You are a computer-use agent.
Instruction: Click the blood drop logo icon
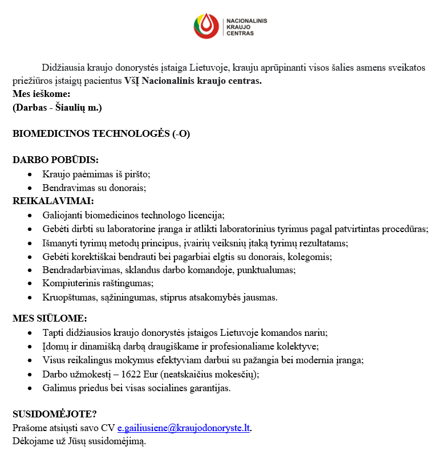point(206,26)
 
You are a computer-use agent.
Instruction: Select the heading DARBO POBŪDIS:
point(55,160)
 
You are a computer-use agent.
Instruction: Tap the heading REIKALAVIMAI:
point(53,201)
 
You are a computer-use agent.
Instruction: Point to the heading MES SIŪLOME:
point(50,318)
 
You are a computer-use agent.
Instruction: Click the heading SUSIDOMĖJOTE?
point(55,415)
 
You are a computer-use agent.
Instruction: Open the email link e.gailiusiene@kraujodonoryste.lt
point(184,428)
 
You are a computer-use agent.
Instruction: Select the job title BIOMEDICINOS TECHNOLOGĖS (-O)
point(101,134)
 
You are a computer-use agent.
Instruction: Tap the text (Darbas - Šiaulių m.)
point(57,107)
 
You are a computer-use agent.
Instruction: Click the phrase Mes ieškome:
point(41,94)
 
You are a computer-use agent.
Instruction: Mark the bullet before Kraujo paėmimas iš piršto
point(30,174)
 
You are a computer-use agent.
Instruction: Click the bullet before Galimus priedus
point(30,388)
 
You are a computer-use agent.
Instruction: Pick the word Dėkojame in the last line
point(32,441)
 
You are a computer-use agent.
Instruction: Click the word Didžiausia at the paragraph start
point(64,67)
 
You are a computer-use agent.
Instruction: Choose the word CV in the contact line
point(108,428)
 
